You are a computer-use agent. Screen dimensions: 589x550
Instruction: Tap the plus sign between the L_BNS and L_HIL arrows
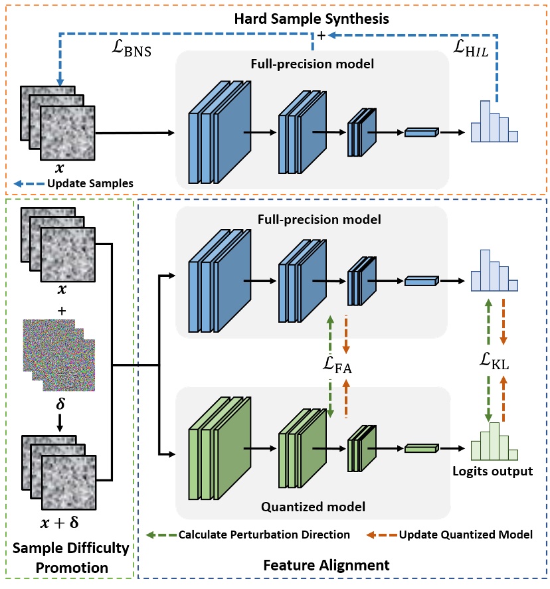coord(321,38)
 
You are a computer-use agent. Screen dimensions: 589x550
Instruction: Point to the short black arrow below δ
coord(58,422)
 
